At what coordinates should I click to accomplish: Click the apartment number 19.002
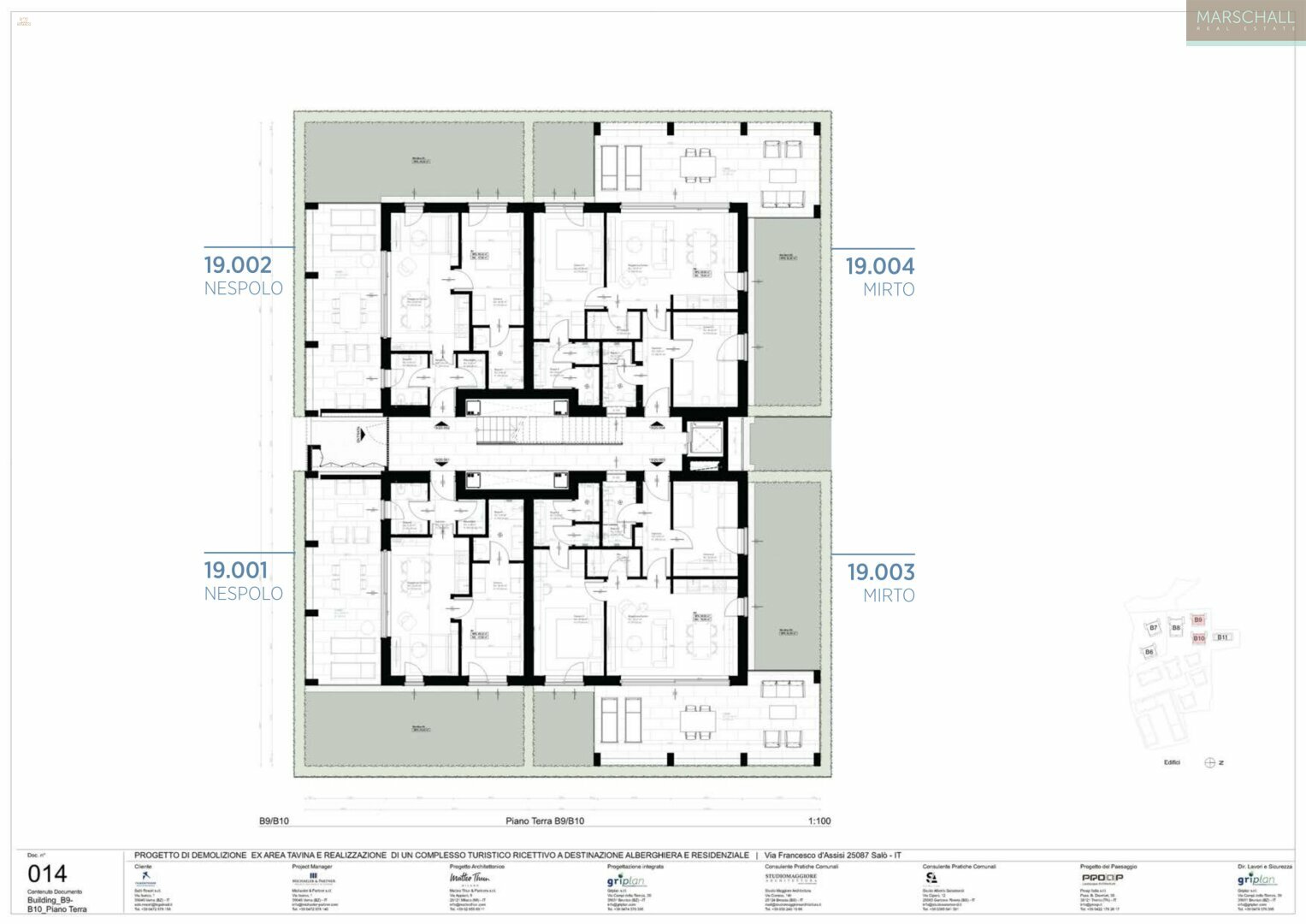click(x=238, y=265)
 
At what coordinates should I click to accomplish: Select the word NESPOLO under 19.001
click(x=243, y=593)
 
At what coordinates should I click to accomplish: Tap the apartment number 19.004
click(x=880, y=266)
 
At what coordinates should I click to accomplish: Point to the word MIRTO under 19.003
click(x=889, y=595)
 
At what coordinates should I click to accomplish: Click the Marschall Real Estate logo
click(x=1245, y=21)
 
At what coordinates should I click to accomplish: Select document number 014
click(x=47, y=874)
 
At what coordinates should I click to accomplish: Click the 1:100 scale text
click(x=819, y=821)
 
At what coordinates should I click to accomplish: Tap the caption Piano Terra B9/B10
click(x=545, y=821)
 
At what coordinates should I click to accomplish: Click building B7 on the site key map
click(x=1153, y=628)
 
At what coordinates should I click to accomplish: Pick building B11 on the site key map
click(x=1223, y=637)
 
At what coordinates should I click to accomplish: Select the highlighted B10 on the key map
click(x=1198, y=638)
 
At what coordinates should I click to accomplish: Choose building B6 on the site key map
click(x=1149, y=652)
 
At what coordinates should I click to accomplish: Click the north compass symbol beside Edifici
click(x=1210, y=763)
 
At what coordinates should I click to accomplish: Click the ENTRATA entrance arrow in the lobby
click(x=361, y=436)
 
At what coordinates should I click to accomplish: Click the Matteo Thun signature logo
click(x=470, y=878)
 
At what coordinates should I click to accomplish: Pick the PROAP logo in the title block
click(x=1102, y=878)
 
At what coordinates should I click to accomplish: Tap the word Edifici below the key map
click(x=1172, y=762)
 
